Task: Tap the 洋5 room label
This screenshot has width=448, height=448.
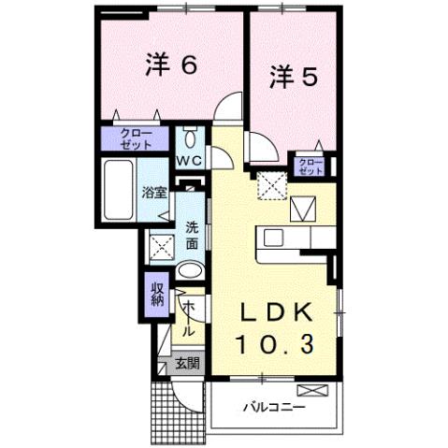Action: coord(294,76)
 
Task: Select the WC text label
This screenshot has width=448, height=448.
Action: coord(191,161)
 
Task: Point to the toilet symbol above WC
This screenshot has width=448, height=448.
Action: coord(190,141)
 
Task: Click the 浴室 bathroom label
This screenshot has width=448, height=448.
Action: coord(153,194)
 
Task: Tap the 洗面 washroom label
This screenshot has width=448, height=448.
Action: coord(191,234)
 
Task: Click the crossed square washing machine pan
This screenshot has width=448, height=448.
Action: coord(161,248)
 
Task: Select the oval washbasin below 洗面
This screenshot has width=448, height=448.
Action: coord(189,272)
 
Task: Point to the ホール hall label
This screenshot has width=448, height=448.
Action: coord(187,319)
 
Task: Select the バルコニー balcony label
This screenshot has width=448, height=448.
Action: coord(276,408)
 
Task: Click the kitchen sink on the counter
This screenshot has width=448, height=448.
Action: coord(276,238)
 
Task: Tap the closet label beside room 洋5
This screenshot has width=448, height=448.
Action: coord(311,166)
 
